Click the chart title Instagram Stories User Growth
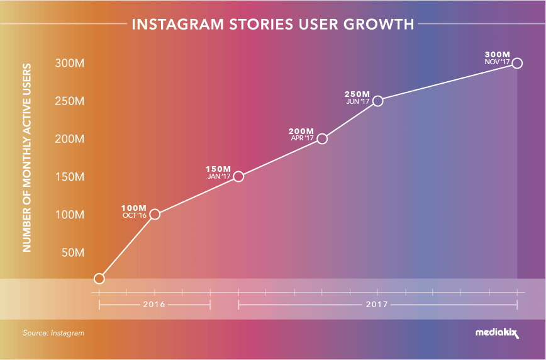pyautogui.click(x=272, y=25)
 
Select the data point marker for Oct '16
pyautogui.click(x=155, y=215)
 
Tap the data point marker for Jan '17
pyautogui.click(x=238, y=176)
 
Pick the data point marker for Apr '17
pyautogui.click(x=322, y=138)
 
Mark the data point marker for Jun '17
pyautogui.click(x=377, y=101)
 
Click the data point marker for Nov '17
pyautogui.click(x=517, y=63)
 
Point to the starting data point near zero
pyautogui.click(x=99, y=278)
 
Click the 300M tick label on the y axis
pyautogui.click(x=69, y=64)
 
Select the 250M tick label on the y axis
pyautogui.click(x=69, y=101)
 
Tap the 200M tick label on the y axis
pyautogui.click(x=69, y=139)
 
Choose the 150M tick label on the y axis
pyautogui.click(x=69, y=177)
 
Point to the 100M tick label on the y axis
pyautogui.click(x=69, y=215)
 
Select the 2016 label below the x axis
pyautogui.click(x=154, y=305)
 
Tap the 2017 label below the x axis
pyautogui.click(x=377, y=305)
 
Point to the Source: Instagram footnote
pyautogui.click(x=53, y=333)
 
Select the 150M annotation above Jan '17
pyautogui.click(x=218, y=169)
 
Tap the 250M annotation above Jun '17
pyautogui.click(x=358, y=94)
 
